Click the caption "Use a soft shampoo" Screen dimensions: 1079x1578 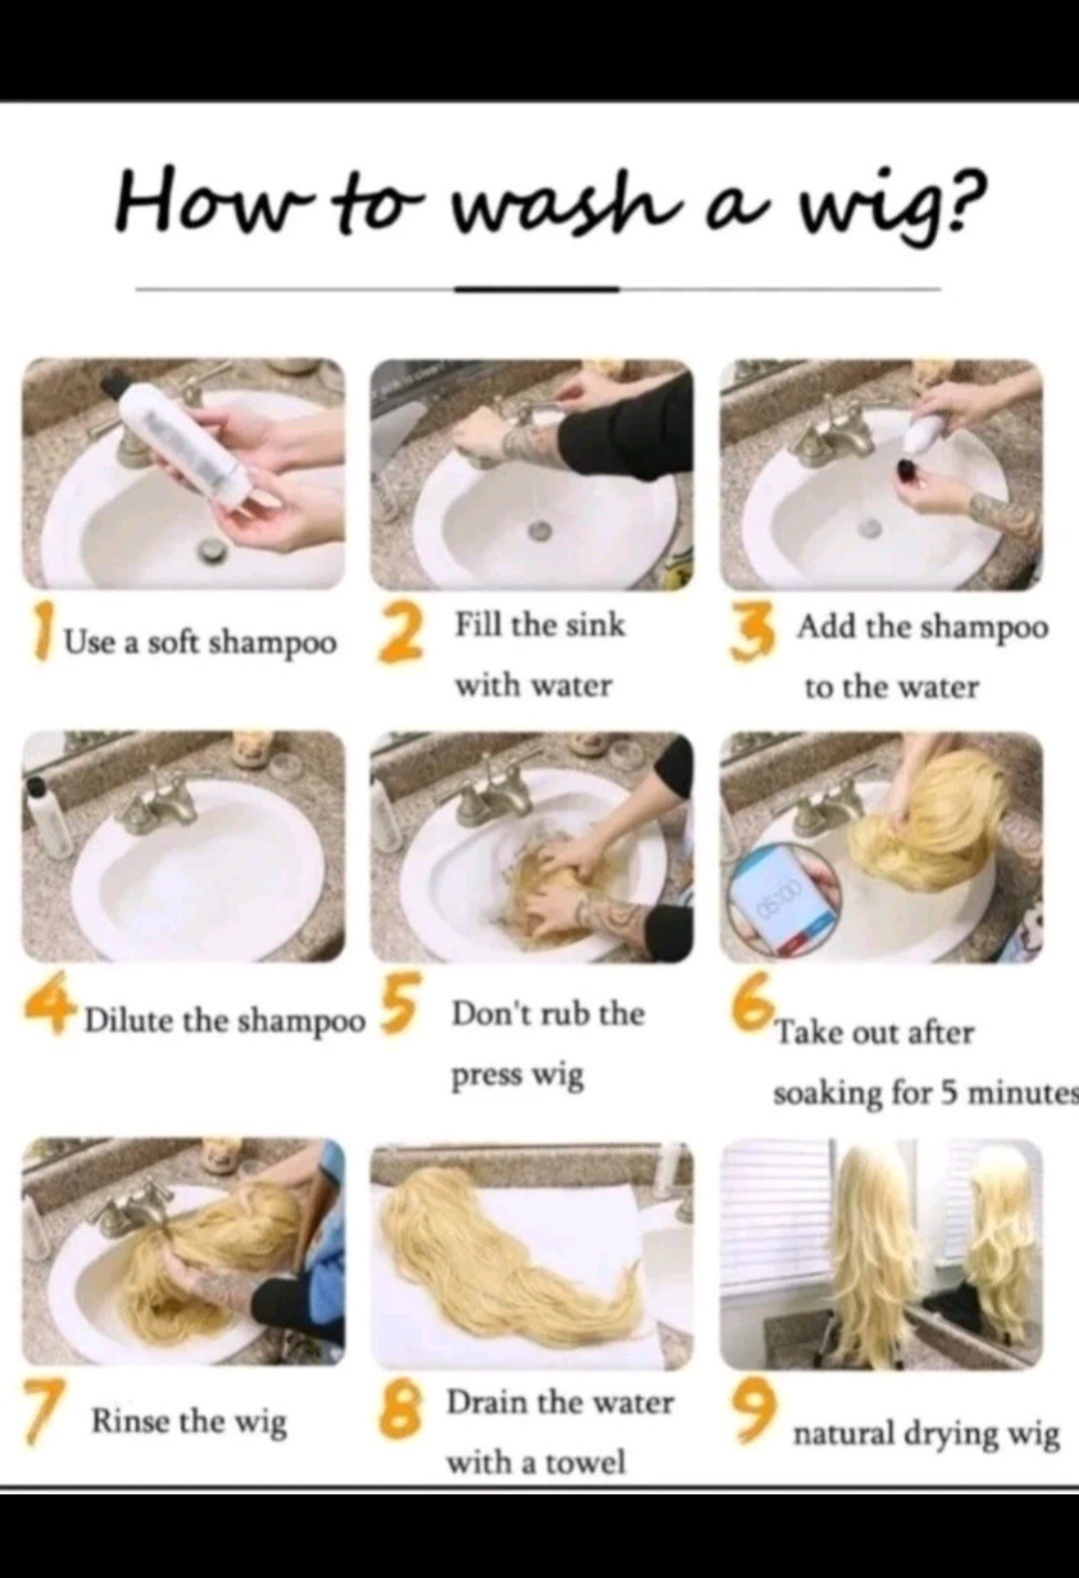point(201,642)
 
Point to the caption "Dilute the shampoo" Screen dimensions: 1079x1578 point(226,1020)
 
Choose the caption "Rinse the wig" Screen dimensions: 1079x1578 point(189,1422)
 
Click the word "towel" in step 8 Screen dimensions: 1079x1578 point(588,1457)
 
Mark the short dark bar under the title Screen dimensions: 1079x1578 point(537,289)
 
